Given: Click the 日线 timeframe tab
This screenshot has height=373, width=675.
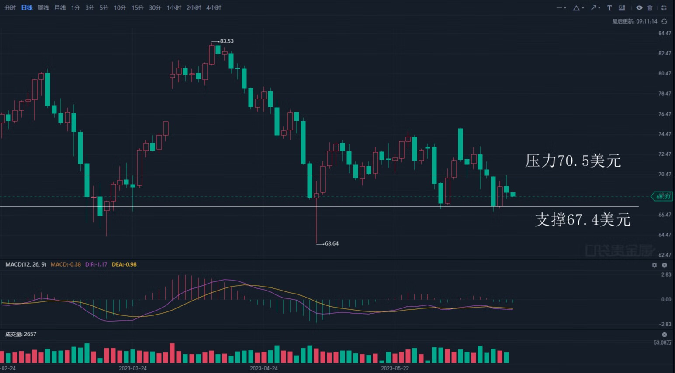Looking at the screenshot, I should pos(27,8).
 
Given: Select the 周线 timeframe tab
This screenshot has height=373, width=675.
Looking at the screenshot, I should pos(43,8).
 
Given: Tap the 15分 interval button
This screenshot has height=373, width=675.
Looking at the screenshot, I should pos(137,8).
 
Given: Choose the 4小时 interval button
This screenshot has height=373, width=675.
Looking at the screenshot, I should pos(213,8).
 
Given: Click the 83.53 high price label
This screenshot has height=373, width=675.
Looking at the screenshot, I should pos(226,41).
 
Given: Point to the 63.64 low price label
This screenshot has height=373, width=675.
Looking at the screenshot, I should pos(331,243).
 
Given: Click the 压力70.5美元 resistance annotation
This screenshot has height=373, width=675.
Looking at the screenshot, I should pos(573,161).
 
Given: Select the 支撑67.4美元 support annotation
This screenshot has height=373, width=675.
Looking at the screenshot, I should pos(583,219).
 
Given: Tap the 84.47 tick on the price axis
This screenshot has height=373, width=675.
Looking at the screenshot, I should pos(665,33).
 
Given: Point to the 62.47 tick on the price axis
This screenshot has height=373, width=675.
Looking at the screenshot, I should pos(665,255).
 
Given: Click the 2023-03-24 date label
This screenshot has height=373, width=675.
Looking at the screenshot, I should pos(133,368).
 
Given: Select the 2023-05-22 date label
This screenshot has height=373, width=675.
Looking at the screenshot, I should pos(395,368).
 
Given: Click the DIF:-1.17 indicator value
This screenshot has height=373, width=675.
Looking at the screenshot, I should pos(96,264).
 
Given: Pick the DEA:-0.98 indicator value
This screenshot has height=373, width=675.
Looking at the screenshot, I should pos(124,264).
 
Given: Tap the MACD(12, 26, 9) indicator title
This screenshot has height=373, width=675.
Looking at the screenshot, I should pos(26,264).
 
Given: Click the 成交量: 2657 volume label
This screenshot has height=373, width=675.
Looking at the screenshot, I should pos(21,334).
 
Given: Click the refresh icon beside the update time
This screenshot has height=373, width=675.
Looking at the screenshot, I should pos(665,21).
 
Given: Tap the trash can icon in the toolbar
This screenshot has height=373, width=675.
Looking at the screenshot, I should pos(650,8).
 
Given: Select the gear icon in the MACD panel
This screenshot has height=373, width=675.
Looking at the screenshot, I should pos(654,265).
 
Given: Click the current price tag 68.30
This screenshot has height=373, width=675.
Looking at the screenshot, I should pos(663,197).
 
